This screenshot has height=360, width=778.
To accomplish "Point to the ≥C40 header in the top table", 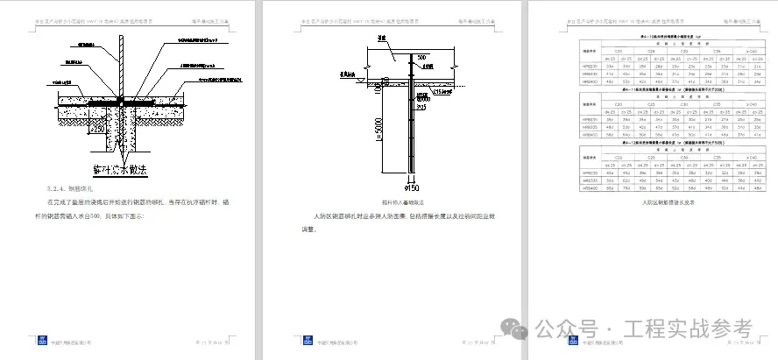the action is [x=742, y=51].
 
